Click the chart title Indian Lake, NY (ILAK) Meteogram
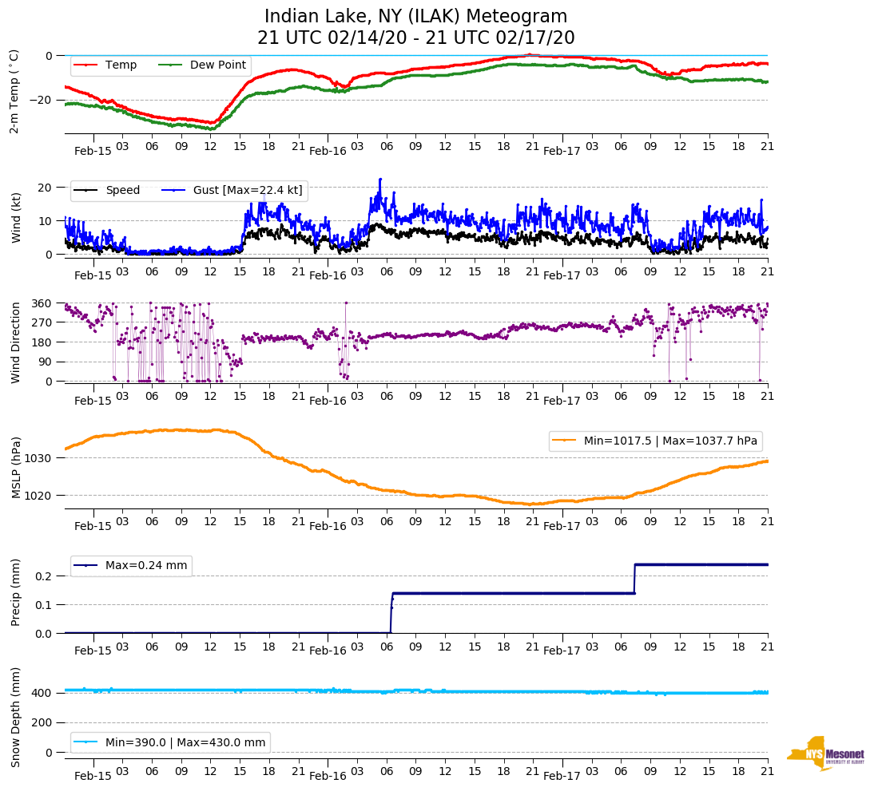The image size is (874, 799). point(415,17)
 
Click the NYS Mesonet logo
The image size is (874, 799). point(826,754)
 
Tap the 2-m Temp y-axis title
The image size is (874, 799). point(14,91)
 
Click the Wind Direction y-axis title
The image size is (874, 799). point(15,342)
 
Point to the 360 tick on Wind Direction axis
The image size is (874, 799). point(42,303)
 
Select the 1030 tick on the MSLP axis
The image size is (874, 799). point(39,458)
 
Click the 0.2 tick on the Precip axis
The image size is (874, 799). point(45,576)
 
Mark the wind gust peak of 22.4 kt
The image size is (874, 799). point(380,179)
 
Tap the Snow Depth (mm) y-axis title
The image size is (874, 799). point(15,716)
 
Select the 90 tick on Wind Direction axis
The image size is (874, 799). point(45,362)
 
